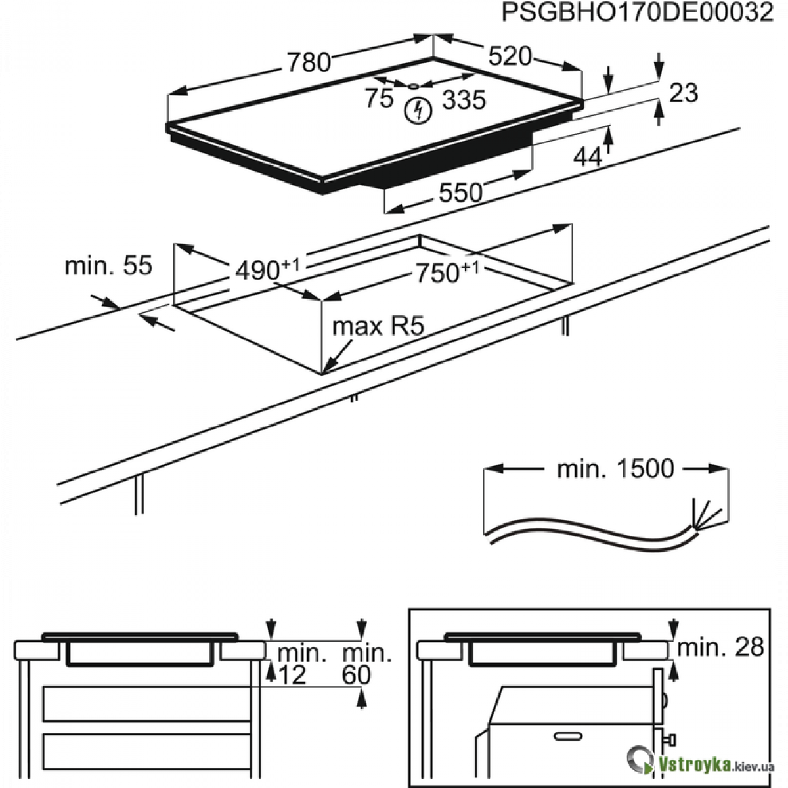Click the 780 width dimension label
coord(308,62)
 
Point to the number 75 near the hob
coord(379,98)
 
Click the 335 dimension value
coord(464,100)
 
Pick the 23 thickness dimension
coord(683,93)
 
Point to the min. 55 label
coord(108,266)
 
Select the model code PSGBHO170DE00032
coord(637,13)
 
